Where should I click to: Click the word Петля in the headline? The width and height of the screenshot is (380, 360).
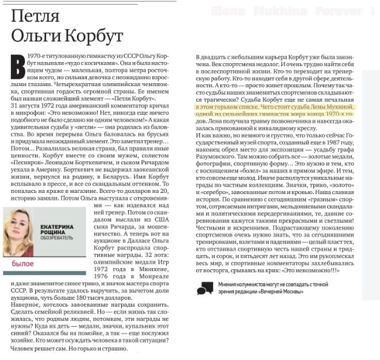(34, 18)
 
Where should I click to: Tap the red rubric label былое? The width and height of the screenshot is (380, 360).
(22, 263)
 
